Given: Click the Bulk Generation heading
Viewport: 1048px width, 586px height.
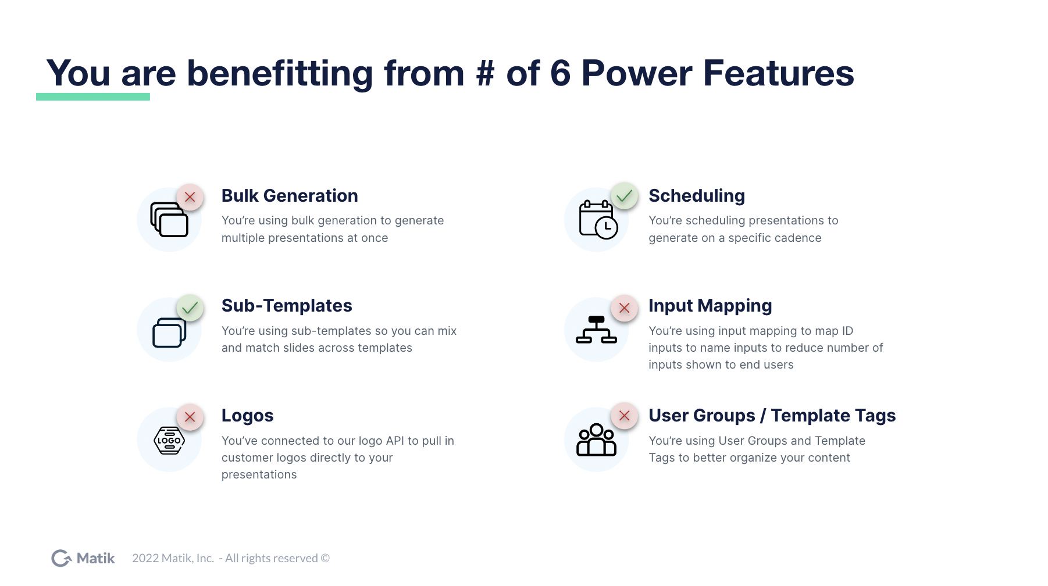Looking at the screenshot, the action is click(290, 196).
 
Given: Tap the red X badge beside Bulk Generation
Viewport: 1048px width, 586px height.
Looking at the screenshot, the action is click(190, 197).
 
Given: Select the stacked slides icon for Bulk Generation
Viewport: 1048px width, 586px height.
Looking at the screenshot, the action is click(169, 219).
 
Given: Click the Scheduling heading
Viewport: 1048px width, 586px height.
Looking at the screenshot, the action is click(697, 196).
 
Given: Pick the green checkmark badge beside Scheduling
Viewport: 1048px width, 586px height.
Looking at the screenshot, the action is click(624, 196).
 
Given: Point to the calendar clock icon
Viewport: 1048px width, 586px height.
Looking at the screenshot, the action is click(598, 220).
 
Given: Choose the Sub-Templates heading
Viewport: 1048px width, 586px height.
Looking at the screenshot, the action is click(287, 306).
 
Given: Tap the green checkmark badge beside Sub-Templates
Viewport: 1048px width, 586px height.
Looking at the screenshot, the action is click(190, 308).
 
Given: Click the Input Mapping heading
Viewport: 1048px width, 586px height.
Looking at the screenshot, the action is click(710, 306).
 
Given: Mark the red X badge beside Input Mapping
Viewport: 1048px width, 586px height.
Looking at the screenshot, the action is click(624, 308).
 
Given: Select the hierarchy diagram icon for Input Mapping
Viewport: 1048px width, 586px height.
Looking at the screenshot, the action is click(596, 330).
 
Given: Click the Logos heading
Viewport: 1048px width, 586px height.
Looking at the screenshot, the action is click(247, 416).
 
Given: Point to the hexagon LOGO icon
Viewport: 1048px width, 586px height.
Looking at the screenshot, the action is click(169, 441).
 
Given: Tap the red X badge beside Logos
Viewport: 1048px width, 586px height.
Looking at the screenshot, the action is click(190, 417).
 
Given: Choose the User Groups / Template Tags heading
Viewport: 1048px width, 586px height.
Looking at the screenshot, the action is click(772, 416).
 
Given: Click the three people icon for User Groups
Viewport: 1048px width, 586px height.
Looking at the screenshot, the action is click(596, 440).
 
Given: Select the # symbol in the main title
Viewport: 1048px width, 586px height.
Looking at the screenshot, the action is click(485, 74).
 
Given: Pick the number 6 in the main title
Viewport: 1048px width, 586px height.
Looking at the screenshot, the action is click(560, 74).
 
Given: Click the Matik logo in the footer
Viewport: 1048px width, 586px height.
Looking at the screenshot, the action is click(83, 558).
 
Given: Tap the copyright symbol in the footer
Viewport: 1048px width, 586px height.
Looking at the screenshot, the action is click(325, 558).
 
